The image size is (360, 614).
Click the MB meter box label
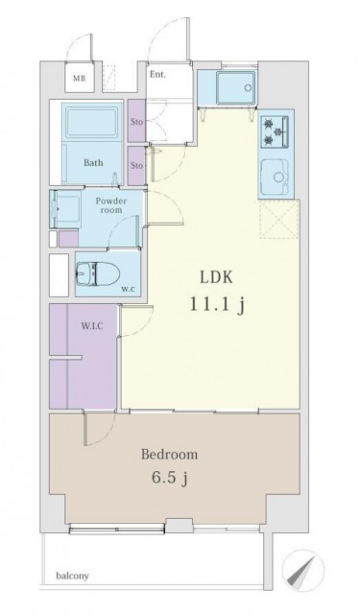click(79, 79)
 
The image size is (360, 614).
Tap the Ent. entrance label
click(157, 75)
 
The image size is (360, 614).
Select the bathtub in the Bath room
click(92, 123)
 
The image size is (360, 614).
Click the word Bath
click(93, 162)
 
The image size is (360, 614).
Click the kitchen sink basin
click(276, 178)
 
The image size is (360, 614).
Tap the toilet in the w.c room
click(98, 272)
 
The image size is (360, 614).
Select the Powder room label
click(111, 205)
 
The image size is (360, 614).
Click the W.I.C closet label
click(92, 325)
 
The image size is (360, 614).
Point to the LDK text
click(217, 277)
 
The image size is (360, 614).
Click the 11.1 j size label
click(218, 304)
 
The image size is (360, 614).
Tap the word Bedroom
click(169, 455)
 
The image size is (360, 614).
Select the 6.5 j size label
click(170, 478)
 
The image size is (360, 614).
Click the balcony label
click(72, 576)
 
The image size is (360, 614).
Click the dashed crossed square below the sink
click(279, 219)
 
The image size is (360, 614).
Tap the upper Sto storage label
click(136, 122)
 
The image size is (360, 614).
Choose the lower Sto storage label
click(136, 166)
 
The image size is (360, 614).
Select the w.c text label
click(127, 290)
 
